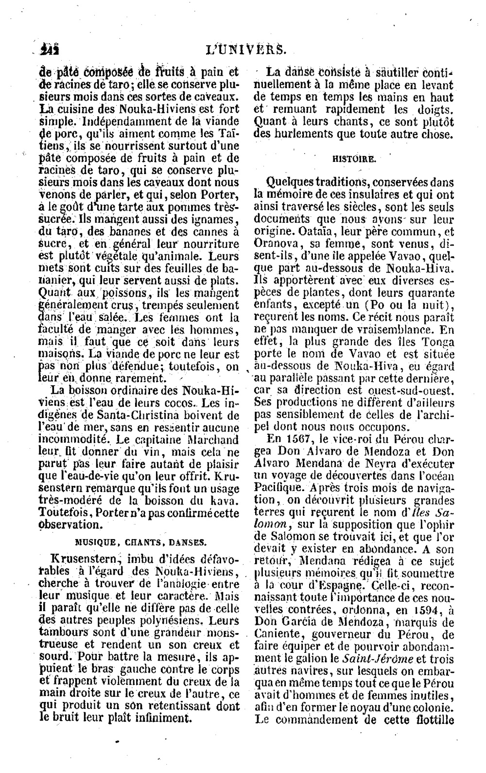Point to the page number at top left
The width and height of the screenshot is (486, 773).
click(x=51, y=50)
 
